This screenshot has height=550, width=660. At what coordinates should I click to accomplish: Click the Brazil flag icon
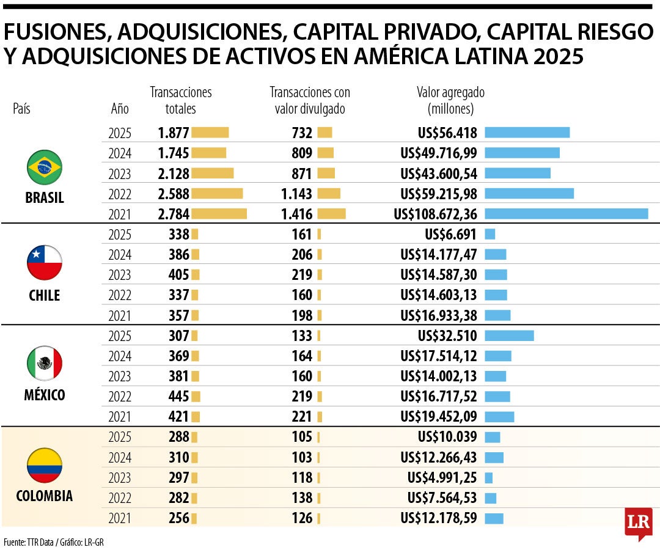pyautogui.click(x=45, y=166)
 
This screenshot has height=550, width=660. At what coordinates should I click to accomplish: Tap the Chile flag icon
pyautogui.click(x=45, y=263)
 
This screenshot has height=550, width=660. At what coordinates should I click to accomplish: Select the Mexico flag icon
pyautogui.click(x=45, y=363)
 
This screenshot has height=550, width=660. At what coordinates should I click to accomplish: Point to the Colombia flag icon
pyautogui.click(x=45, y=465)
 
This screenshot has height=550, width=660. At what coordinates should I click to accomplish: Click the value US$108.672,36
pyautogui.click(x=435, y=214)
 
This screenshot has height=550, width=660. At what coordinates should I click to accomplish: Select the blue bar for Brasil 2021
pyautogui.click(x=566, y=214)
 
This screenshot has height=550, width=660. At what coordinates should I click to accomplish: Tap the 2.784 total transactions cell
pyautogui.click(x=174, y=214)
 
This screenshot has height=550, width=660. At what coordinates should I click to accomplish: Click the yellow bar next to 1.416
pyautogui.click(x=331, y=214)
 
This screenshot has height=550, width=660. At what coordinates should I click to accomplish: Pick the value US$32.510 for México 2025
pyautogui.click(x=447, y=335)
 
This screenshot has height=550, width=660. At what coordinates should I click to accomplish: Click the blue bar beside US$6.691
pyautogui.click(x=490, y=234)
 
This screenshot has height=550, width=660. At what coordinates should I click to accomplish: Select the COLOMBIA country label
pyautogui.click(x=45, y=496)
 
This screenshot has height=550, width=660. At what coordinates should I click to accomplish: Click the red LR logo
pyautogui.click(x=638, y=524)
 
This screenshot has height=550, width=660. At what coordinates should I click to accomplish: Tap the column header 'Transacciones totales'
pyautogui.click(x=181, y=100)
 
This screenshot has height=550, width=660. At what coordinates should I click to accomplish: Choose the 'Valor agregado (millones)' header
pyautogui.click(x=450, y=100)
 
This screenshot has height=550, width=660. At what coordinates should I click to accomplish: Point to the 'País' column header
pyautogui.click(x=21, y=109)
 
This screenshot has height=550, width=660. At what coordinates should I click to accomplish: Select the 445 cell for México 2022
pyautogui.click(x=178, y=396)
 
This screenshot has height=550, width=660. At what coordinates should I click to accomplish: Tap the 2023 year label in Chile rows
pyautogui.click(x=120, y=275)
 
